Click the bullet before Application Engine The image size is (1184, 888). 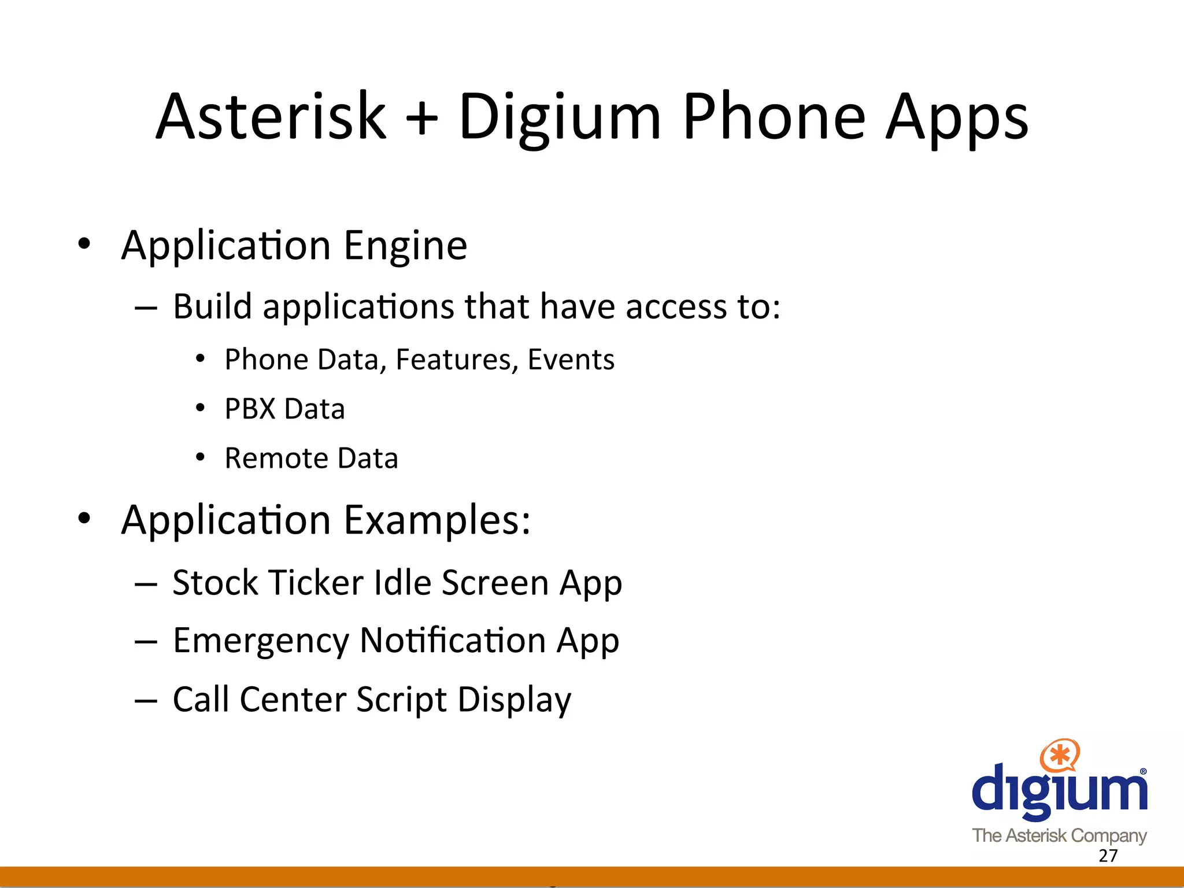[84, 244]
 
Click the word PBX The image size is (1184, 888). [250, 409]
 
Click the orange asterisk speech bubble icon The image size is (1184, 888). [1059, 755]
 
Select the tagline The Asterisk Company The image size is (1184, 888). [1059, 835]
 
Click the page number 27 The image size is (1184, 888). [1108, 856]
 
